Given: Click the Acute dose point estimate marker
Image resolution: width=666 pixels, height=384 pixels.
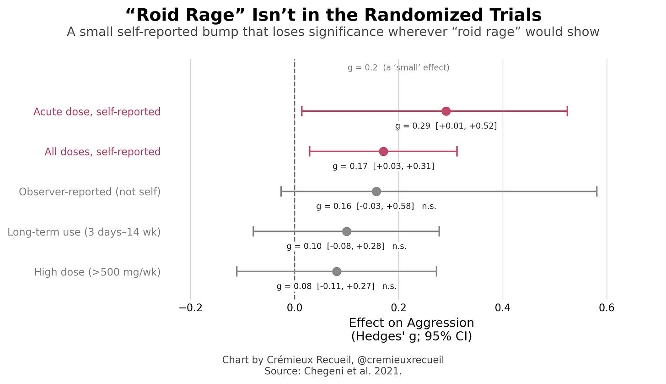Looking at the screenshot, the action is (446, 111).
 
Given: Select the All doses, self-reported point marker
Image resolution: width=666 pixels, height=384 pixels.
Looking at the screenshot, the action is (383, 151).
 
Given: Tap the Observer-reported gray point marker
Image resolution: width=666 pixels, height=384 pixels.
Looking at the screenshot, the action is (376, 192).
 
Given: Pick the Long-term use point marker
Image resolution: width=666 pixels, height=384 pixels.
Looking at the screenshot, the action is (347, 231).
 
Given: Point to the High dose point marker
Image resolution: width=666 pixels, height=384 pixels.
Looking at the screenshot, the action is (337, 272).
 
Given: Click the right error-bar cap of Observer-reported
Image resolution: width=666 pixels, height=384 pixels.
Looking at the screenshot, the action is (597, 192).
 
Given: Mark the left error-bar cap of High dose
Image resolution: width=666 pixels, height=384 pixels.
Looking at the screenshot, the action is (236, 272).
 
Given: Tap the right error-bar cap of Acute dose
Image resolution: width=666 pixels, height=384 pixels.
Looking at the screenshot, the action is (567, 111).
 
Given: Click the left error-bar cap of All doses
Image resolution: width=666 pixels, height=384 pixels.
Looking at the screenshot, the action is (310, 151).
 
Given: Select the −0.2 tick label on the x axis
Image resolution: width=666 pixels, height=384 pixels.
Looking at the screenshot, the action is (191, 308).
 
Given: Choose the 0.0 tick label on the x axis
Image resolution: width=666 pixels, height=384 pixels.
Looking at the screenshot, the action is (295, 308).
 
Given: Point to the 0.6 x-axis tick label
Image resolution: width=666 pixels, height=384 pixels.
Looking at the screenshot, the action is (607, 308).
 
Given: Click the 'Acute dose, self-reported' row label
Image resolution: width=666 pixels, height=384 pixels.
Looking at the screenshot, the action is (97, 112).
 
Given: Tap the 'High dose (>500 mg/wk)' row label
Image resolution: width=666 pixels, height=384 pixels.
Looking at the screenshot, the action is (97, 272).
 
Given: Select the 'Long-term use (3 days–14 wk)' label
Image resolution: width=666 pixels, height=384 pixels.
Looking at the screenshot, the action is (84, 232).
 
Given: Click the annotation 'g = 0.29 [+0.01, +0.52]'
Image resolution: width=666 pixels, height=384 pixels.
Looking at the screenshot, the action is (446, 126).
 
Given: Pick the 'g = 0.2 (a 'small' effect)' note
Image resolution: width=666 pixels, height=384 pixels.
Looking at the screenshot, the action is (398, 68).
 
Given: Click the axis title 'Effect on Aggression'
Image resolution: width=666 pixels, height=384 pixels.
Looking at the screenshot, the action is (412, 323).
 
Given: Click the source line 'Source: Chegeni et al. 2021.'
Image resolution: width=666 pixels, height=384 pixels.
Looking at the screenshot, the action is (333, 371).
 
